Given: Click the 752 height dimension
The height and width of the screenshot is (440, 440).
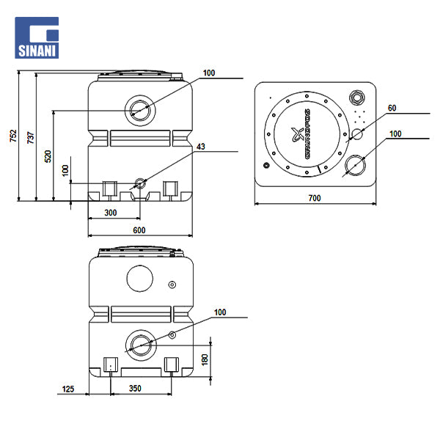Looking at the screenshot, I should point(12,136).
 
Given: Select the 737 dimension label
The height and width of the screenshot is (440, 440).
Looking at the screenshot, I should point(30,136).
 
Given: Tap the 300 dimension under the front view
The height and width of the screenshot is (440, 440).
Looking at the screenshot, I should point(110,213).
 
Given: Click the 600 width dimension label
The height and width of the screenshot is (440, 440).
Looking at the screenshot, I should point(139,230).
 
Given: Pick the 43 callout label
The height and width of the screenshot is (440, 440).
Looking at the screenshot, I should point(200,147).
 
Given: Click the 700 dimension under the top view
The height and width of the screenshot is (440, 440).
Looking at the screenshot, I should point(315,198).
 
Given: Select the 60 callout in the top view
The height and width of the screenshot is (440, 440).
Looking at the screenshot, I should point(392,109).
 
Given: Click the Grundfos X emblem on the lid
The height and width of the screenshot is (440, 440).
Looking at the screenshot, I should point(298,134).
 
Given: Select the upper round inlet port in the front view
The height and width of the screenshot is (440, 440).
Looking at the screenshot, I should point(139,110).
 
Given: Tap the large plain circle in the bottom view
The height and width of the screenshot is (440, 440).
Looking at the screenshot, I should point(139,278).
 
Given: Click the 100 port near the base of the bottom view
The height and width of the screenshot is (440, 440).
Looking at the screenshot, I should point(139,344).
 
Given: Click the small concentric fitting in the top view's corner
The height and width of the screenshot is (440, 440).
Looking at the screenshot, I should point(358,98).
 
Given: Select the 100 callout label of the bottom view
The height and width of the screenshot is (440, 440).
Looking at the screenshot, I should point(220,312).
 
